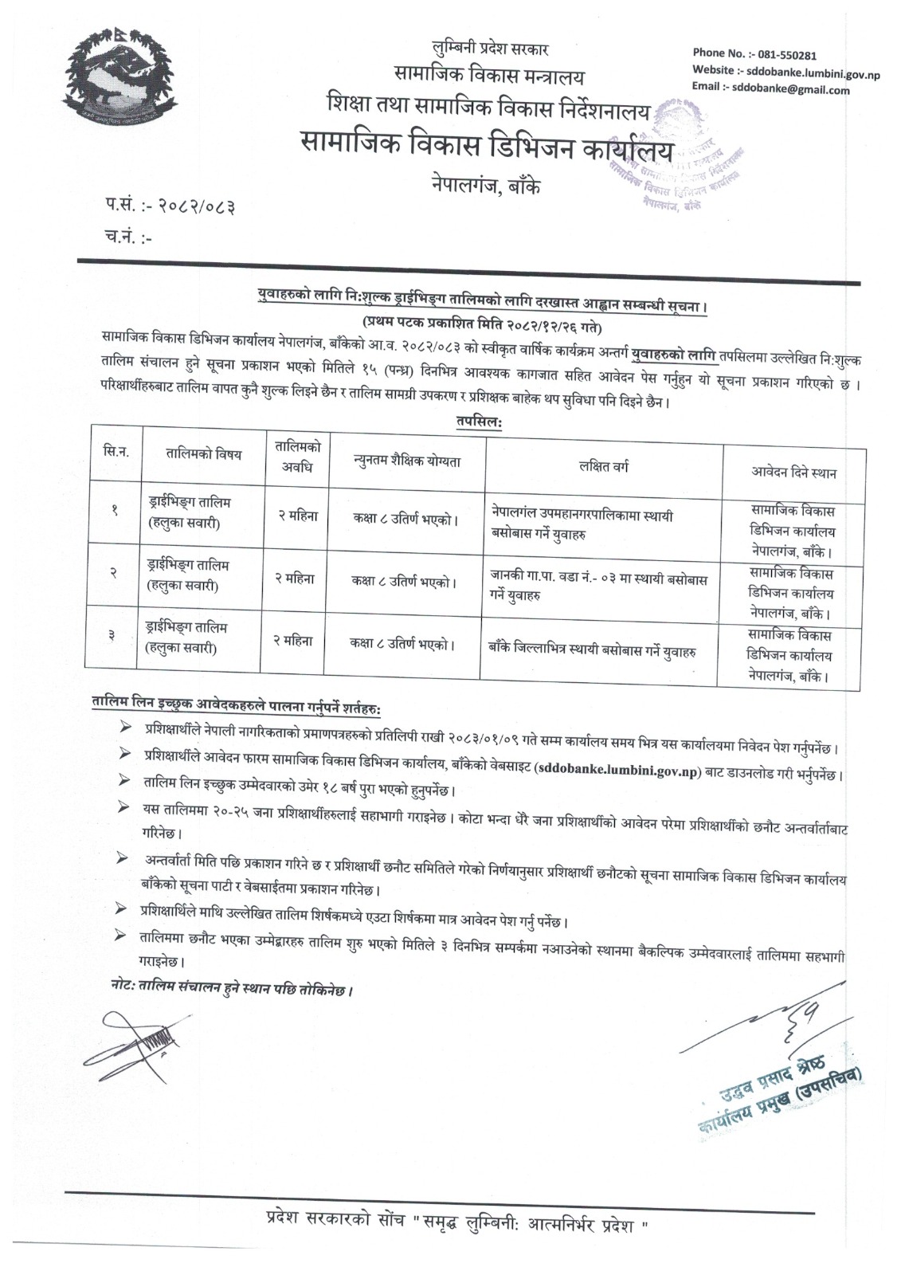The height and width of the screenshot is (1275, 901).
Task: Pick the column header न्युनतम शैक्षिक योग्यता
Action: (x=406, y=461)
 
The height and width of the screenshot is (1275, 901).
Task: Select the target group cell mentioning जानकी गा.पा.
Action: (x=600, y=586)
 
